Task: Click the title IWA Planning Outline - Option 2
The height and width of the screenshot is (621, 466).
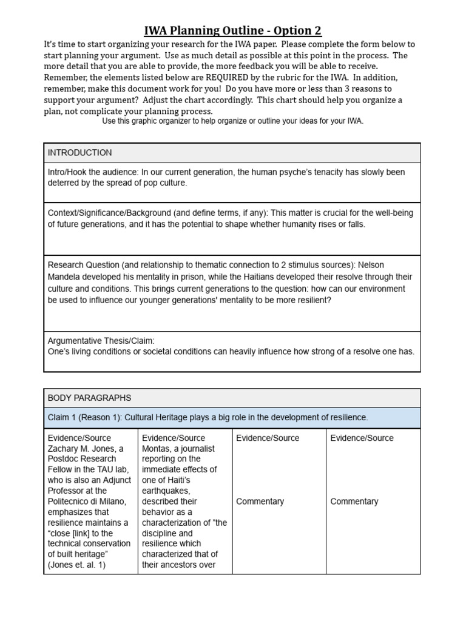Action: tap(232, 30)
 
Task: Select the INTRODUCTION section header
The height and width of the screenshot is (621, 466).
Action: tap(79, 153)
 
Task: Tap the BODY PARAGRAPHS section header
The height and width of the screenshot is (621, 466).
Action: tap(89, 398)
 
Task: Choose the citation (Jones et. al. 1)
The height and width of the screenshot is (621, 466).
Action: tap(76, 565)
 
